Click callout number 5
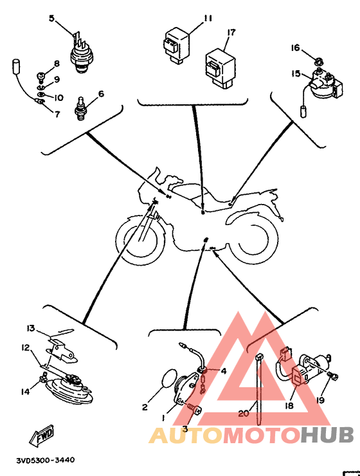[51, 19]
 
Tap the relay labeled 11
[177, 46]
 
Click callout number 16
[296, 48]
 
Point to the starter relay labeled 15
[325, 84]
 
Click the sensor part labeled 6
[80, 108]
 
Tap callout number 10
[59, 98]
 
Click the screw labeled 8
[41, 76]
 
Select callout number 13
[31, 329]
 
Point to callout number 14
[26, 392]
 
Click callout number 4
[224, 371]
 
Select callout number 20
[244, 413]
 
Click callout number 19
[320, 400]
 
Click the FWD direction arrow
[42, 435]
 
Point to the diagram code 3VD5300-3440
[46, 460]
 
